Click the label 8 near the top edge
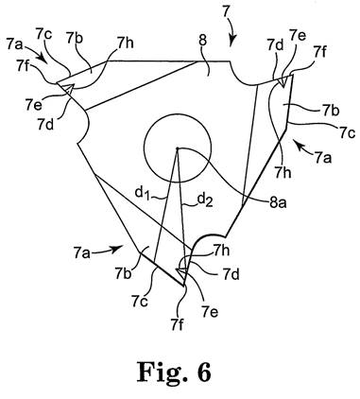pos(203,42)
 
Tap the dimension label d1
pos(142,193)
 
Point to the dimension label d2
pos(205,200)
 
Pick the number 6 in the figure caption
pos(201,372)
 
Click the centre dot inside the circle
pos(178,148)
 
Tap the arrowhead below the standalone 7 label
pos(231,42)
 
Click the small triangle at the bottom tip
pos(183,272)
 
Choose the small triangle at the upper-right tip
pos(283,82)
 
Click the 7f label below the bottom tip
pos(178,325)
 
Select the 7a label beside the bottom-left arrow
pos(82,252)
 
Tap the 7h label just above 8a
pos(283,172)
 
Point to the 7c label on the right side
pos(348,133)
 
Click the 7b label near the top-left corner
pos(75,39)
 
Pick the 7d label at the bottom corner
pos(231,275)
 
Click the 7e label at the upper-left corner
pos(34,105)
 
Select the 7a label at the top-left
pos(15,45)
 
